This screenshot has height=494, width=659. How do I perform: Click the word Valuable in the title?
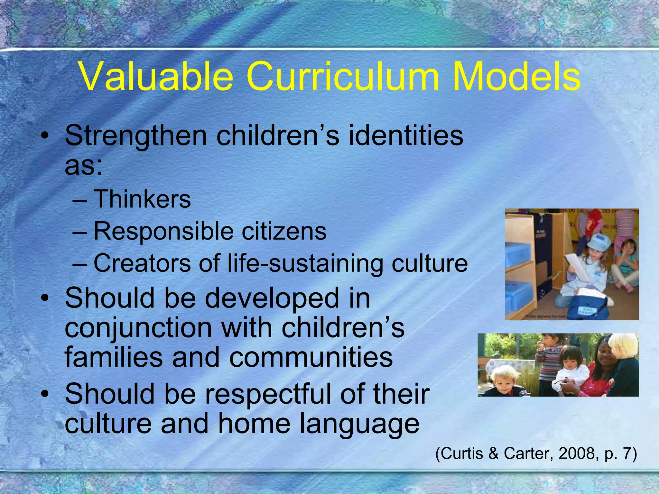coord(156,77)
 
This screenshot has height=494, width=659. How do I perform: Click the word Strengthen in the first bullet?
coord(136,136)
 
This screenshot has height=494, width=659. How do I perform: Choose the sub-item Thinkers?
coord(142,199)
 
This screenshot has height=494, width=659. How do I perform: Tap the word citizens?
coord(284,231)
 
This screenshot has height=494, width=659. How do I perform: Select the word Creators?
coord(142,263)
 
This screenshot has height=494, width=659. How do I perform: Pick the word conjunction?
coord(138,328)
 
